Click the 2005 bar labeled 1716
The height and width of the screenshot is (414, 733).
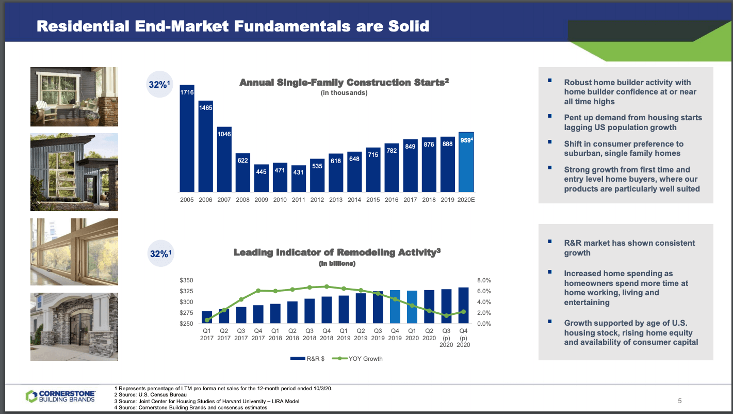(187, 138)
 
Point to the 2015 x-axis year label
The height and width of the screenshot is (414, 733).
(373, 200)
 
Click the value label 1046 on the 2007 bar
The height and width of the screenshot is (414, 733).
(224, 134)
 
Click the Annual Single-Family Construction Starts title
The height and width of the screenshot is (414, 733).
(344, 83)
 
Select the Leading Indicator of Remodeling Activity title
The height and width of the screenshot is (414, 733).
(337, 252)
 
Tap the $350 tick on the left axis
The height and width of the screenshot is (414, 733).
(186, 280)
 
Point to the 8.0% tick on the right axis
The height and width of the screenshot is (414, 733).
(485, 280)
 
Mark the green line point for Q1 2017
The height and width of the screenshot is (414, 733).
(207, 320)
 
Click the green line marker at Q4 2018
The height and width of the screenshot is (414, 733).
(327, 286)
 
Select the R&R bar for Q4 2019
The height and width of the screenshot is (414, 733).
(395, 307)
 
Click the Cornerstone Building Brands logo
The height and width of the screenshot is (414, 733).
(60, 396)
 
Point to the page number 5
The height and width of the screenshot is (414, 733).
(680, 401)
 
